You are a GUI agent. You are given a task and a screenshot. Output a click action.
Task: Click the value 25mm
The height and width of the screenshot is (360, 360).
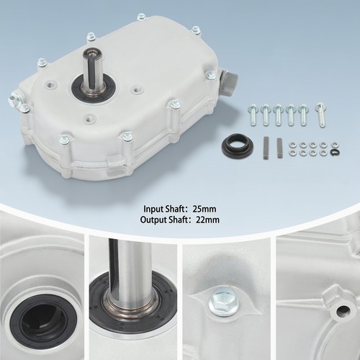pyautogui.click(x=204, y=209)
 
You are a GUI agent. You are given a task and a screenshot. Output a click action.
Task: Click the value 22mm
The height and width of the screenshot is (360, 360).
pyautogui.click(x=207, y=220)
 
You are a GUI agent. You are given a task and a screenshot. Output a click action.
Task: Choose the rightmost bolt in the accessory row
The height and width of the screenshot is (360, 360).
pyautogui.click(x=320, y=114)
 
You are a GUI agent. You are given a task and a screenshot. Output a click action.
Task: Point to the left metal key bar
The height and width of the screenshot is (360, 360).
pyautogui.click(x=266, y=148)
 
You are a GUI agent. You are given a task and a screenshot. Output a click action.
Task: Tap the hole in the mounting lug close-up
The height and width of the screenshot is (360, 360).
pyautogui.click(x=343, y=311)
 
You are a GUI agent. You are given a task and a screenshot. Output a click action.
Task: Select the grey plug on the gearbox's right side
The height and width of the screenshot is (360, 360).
pyautogui.click(x=230, y=82)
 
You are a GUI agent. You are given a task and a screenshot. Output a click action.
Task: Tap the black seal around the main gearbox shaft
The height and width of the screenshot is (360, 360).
pyautogui.click(x=94, y=89)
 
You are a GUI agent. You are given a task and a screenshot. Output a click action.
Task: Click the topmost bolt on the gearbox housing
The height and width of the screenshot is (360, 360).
pyautogui.click(x=140, y=17)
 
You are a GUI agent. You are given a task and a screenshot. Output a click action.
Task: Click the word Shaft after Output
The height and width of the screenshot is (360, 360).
pyautogui.click(x=176, y=220)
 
